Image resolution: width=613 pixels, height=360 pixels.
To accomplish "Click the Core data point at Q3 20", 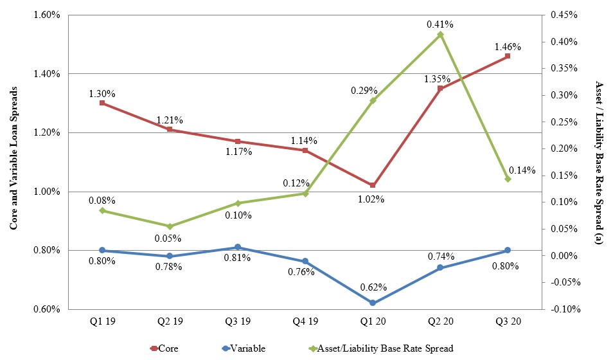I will click(x=508, y=56).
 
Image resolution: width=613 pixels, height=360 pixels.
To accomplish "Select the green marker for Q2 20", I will click(x=440, y=34).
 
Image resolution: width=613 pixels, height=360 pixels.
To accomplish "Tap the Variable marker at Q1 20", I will click(x=373, y=303).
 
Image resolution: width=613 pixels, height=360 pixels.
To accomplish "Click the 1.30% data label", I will click(x=102, y=94).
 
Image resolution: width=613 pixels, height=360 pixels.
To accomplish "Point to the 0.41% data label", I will click(x=440, y=24).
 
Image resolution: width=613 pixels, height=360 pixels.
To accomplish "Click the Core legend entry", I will click(x=164, y=348).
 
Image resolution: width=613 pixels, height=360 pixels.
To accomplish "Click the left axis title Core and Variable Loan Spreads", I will click(x=12, y=161).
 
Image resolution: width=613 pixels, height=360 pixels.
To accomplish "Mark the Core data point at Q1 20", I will click(x=373, y=185).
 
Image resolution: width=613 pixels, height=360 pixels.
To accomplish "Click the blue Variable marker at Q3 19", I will click(x=238, y=247).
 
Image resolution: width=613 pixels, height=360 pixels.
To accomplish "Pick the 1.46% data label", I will click(x=508, y=47).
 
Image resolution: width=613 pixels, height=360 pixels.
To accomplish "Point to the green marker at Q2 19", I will click(x=170, y=226).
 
